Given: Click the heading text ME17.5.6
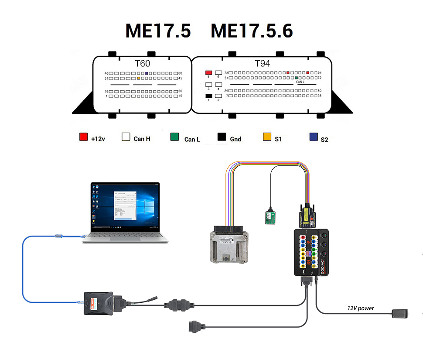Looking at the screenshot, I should [252, 31].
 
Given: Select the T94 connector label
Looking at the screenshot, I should [262, 64].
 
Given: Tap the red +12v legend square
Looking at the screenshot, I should [83, 137].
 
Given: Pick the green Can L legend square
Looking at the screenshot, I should [174, 137].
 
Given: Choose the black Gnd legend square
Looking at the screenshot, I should [222, 137].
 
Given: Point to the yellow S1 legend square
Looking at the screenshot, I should [267, 137].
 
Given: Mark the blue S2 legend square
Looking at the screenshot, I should [313, 137].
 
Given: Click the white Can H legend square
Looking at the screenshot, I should [126, 137].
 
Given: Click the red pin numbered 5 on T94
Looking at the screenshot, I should [208, 72].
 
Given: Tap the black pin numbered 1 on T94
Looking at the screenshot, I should [208, 96].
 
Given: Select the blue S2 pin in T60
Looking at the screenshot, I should [147, 73].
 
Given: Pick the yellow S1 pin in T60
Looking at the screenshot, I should [138, 78].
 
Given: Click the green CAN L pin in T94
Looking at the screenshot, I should [297, 78].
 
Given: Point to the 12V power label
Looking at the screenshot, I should [361, 308].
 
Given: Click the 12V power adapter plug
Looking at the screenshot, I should [400, 313].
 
